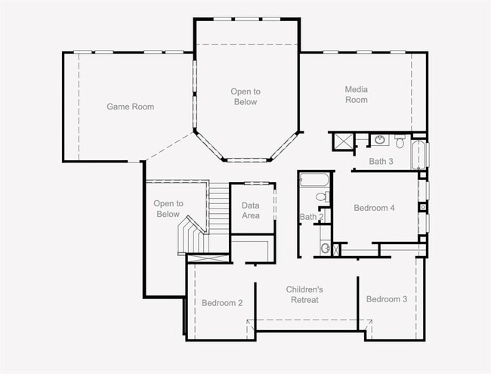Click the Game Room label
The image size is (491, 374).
pos(130,107)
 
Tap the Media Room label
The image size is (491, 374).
pos(357,94)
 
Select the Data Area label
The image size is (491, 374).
pos(251,211)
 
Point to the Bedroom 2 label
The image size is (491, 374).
pos(222,303)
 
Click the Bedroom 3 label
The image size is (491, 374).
pos(387,299)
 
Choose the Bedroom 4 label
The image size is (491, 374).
pos(374,208)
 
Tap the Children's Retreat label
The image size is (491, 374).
pos(304,295)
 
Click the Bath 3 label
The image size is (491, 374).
pos(381,162)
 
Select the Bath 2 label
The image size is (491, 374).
pos(311,217)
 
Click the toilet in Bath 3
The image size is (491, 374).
pos(400,141)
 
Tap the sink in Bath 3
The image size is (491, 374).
pos(380,140)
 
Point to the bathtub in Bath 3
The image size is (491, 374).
pos(418,155)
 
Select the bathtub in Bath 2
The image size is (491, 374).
pos(314,180)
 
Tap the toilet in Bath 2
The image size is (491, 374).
pos(323,196)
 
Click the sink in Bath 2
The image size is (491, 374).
pos(326,249)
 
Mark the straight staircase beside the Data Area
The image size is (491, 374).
pos(219,208)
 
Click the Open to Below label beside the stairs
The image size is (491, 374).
pos(168,209)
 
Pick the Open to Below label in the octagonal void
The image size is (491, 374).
pos(246,97)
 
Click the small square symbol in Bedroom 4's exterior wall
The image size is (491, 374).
pos(423,207)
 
